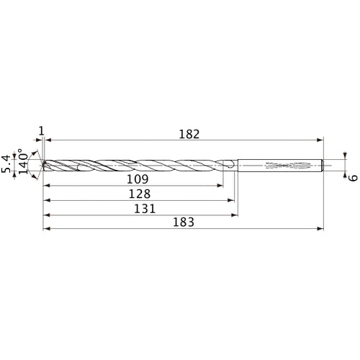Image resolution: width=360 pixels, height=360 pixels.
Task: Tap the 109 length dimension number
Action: click(x=138, y=179)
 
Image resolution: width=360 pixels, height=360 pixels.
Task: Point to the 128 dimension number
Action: click(x=139, y=194)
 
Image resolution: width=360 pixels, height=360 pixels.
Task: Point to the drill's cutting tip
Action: click(x=43, y=165)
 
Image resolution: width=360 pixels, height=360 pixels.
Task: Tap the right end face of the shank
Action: click(x=323, y=165)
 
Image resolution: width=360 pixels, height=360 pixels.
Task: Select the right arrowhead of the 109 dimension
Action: click(x=220, y=185)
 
